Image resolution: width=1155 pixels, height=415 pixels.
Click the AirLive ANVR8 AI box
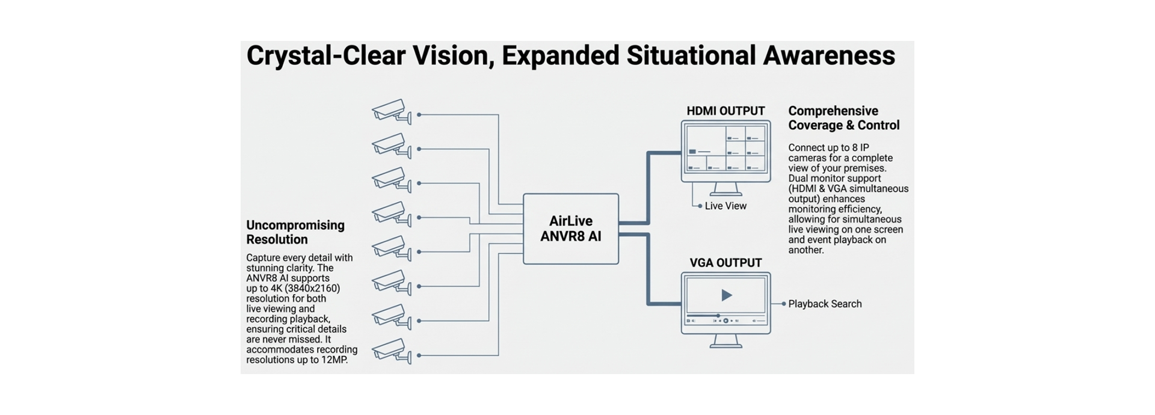pos(571,229)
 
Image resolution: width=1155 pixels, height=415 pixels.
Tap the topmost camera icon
pos(391,111)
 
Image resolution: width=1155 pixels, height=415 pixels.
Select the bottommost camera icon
pos(391,351)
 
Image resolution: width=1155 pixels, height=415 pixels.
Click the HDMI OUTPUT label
pos(725,111)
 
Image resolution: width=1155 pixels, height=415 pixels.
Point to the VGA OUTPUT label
pos(725,263)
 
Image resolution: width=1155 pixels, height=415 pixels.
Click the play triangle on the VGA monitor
pos(727,295)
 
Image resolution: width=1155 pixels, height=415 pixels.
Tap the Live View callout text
pos(725,206)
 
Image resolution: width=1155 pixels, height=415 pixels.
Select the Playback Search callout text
pos(825,304)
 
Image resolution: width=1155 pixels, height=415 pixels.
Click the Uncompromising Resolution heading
pos(295,232)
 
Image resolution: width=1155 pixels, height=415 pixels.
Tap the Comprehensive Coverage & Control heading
pos(844,118)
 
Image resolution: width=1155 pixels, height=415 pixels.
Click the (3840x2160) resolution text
pos(312,288)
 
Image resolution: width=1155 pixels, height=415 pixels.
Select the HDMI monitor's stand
pos(725,189)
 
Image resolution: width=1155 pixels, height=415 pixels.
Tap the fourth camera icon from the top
pos(391,214)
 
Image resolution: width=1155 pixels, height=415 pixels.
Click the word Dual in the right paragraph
pos(799,179)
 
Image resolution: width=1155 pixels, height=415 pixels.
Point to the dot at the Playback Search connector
pos(783,304)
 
